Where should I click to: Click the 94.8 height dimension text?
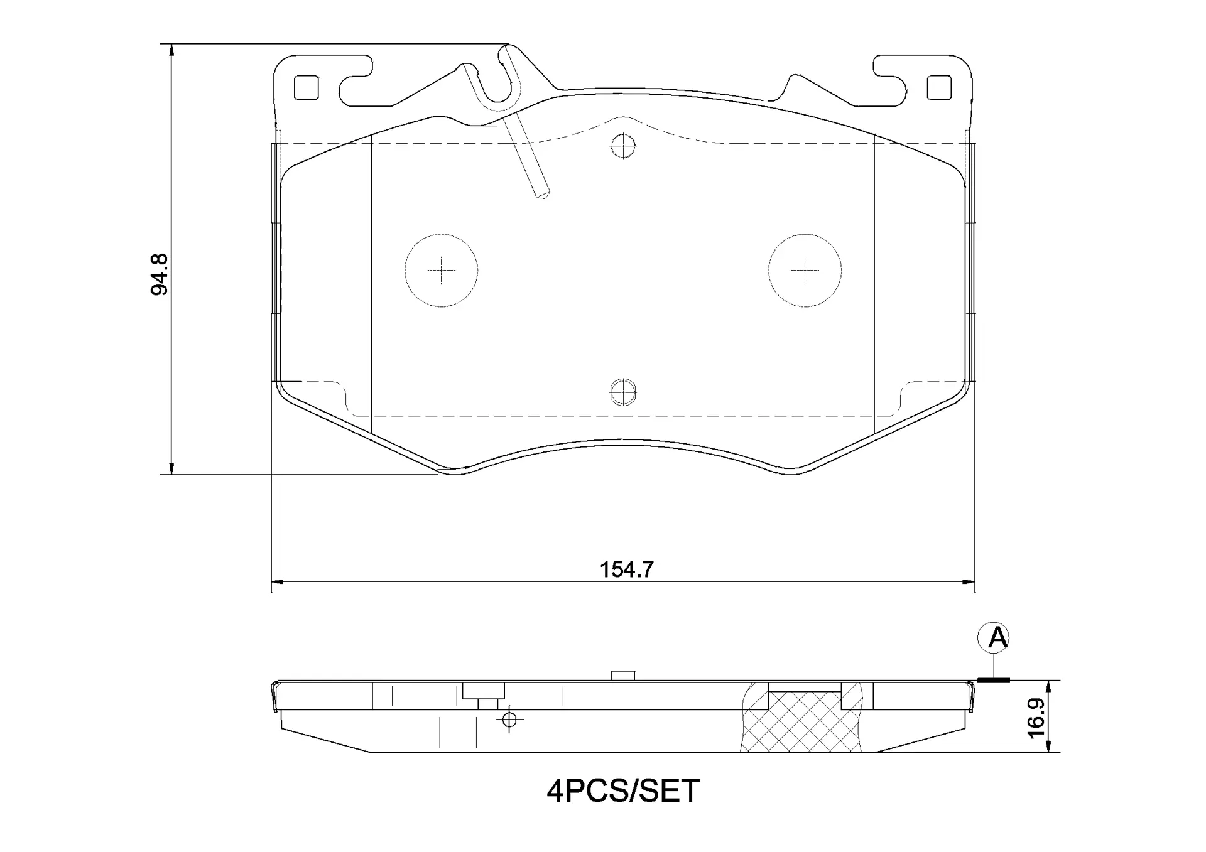(160, 274)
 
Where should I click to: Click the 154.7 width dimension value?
(626, 569)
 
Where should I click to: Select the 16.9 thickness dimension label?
(1037, 717)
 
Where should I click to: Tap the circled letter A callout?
(993, 639)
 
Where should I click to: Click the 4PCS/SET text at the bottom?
(622, 791)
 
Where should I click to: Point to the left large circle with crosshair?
(441, 271)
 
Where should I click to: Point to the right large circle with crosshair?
(805, 271)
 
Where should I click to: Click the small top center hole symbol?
(623, 146)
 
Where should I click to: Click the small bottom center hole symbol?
(623, 392)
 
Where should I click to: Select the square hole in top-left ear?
(307, 87)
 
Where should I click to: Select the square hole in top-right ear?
(939, 87)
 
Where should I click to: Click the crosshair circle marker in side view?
(509, 719)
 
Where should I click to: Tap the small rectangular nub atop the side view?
(623, 676)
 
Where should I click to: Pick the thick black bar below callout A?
(993, 680)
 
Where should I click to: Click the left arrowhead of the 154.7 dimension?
(276, 582)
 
